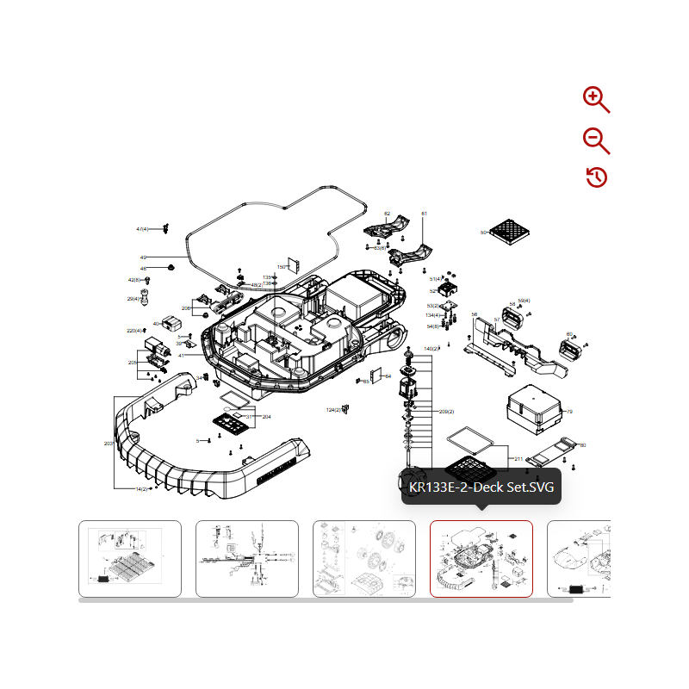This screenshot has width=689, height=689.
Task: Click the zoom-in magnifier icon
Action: pos(596,100)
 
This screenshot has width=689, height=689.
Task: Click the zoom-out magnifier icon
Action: pos(596,140)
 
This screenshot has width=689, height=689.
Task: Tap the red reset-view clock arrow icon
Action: pos(596,177)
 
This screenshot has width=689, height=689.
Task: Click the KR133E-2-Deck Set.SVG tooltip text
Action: pos(481,487)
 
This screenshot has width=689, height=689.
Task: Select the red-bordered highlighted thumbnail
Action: pos(481,558)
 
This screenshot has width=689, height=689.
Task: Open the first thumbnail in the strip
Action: pos(130,558)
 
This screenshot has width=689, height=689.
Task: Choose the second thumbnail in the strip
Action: pos(247,558)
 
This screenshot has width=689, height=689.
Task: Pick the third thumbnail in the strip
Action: pos(364,558)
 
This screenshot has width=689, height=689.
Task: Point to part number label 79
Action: pos(569,412)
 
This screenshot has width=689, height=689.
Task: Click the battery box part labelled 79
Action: pos(534,408)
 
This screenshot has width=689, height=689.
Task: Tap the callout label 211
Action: pos(518,459)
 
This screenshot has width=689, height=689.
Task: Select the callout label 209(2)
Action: pos(446,412)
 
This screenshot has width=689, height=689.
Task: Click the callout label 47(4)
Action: pos(143,229)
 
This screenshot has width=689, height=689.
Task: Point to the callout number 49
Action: pos(143,258)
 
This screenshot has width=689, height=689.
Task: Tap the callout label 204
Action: pos(266,417)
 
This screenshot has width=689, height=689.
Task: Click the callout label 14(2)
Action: pos(141,489)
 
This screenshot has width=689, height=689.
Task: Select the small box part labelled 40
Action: pos(171,323)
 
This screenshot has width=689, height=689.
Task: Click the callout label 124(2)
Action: pos(333,409)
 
